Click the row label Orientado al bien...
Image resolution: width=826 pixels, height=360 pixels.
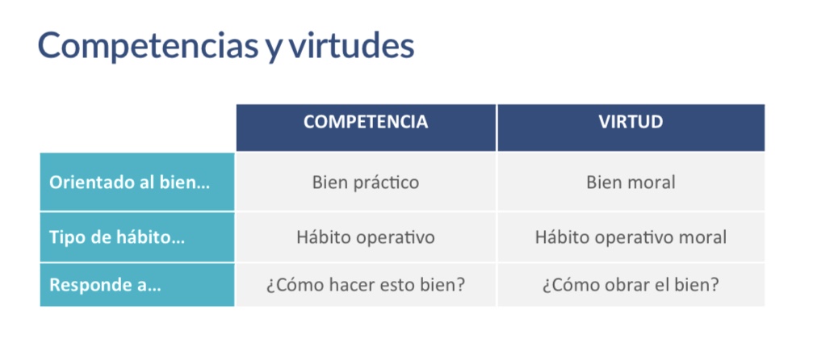[129, 182]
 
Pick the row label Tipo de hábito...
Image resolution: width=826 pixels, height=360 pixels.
[117, 237]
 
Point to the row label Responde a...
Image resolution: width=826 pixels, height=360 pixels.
[105, 285]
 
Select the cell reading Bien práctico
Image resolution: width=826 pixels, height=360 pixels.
[366, 182]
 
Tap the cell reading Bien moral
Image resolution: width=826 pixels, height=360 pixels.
[631, 182]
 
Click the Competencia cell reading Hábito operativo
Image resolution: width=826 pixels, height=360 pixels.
[366, 237]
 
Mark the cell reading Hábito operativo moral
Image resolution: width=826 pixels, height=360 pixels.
[631, 237]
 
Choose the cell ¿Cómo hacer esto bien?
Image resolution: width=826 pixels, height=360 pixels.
[366, 285]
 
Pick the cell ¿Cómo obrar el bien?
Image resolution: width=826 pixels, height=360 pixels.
[631, 285]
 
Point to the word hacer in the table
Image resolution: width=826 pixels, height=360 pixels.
[351, 285]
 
